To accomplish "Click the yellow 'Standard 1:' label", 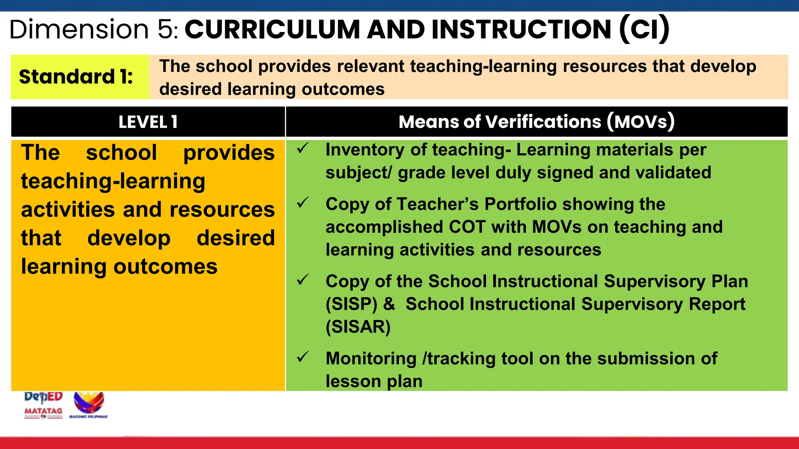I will click(x=76, y=77).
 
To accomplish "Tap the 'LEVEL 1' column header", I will click(x=148, y=122).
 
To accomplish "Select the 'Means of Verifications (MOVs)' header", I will click(x=536, y=122).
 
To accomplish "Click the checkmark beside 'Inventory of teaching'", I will click(x=303, y=148).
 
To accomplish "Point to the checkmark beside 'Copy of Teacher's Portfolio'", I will click(x=303, y=203).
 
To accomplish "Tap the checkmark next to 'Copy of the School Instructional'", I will click(x=303, y=280).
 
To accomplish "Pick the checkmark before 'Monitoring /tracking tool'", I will click(x=303, y=357).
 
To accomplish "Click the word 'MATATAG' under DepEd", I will click(x=43, y=411).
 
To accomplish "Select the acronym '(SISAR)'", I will click(x=358, y=327).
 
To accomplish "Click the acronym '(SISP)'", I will click(x=352, y=304).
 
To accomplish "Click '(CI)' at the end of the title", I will click(x=644, y=29).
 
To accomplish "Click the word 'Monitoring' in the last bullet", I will click(x=371, y=359).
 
